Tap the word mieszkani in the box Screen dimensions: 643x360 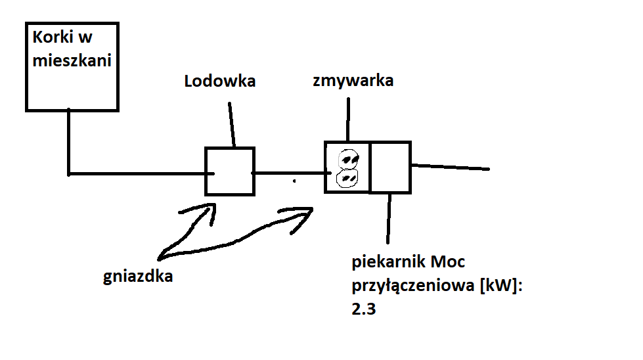click(x=72, y=60)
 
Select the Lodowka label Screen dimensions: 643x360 click(x=220, y=81)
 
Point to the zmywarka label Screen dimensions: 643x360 click(x=353, y=81)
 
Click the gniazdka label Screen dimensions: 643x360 click(x=138, y=277)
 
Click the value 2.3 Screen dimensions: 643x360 click(x=364, y=309)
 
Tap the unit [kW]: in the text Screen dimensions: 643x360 click(x=501, y=285)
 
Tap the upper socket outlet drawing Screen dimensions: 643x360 click(x=349, y=159)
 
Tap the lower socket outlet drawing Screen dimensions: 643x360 click(x=347, y=179)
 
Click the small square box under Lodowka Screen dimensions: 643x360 click(x=230, y=171)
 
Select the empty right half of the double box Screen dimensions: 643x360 click(x=390, y=168)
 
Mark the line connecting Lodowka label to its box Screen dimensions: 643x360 click(x=232, y=125)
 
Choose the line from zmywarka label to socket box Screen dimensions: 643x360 click(x=348, y=120)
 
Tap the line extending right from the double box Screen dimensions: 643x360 click(x=451, y=167)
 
